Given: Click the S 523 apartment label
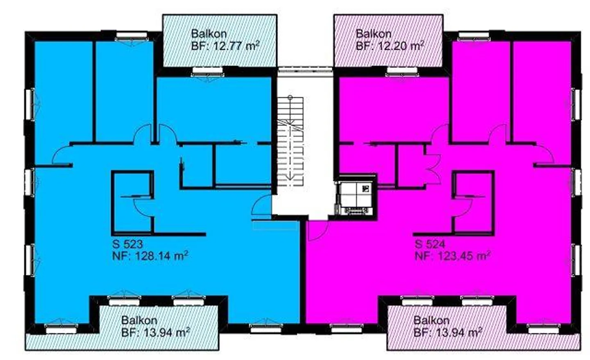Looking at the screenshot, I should coord(127,244).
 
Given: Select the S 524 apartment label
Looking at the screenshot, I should coord(430,244).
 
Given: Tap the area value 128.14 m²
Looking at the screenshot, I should coord(161,256).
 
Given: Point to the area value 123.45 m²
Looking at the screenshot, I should coord(464,256).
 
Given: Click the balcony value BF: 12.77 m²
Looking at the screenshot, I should coord(225,46).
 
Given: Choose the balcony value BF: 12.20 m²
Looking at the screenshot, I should coord(390,46).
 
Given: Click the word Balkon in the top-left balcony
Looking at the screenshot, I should coord(209,34).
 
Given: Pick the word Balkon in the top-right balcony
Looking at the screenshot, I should coord(373,34).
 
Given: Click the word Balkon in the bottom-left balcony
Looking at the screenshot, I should coord(139,320).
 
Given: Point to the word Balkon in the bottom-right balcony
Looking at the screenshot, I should coord(431,320).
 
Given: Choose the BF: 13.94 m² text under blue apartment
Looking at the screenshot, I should coord(155,332).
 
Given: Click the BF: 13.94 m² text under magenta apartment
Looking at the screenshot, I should coord(447,332).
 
